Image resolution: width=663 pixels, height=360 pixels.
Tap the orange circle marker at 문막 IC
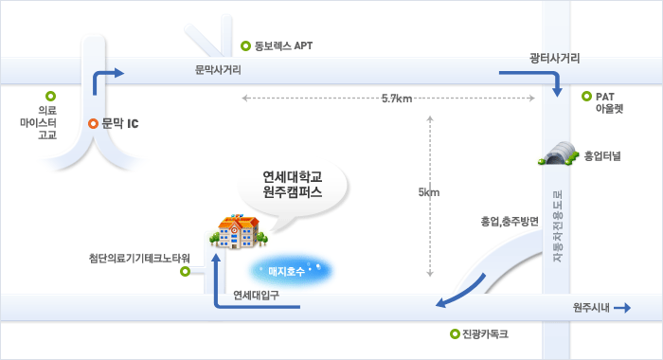click(93, 123)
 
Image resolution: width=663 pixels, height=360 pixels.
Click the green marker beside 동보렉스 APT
click(246, 45)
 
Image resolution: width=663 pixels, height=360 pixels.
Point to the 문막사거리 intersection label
click(218, 70)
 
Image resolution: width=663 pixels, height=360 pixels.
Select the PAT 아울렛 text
click(609, 102)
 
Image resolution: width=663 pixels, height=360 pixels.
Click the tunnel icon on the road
click(558, 152)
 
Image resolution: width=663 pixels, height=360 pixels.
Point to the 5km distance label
click(429, 193)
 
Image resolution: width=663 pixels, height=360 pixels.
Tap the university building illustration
click(233, 230)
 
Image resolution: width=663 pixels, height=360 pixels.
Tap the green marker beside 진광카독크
click(455, 333)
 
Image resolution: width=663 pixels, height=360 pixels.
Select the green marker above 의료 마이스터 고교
click(50, 96)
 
